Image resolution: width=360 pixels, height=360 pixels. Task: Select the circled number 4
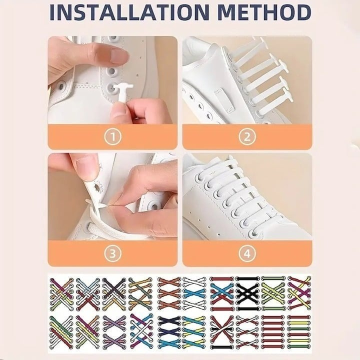[x=247, y=253]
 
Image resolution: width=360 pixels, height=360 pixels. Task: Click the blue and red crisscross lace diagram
[x=221, y=292]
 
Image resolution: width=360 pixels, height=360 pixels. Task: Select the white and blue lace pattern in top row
[x=194, y=291]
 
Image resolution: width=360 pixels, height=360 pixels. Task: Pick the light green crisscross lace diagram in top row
[x=273, y=292]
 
